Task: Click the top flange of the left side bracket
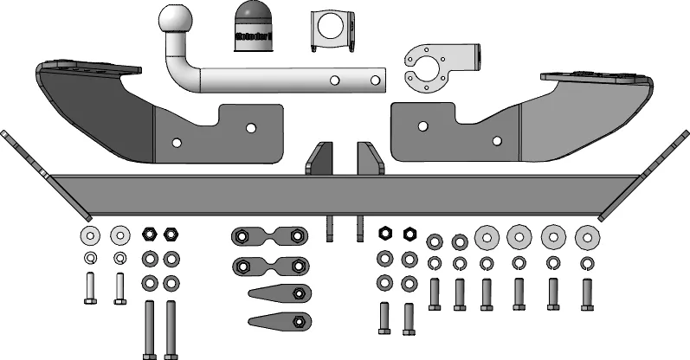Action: pyautogui.click(x=87, y=67)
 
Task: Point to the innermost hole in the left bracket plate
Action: pyautogui.click(x=250, y=128)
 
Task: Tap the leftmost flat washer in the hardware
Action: pyautogui.click(x=89, y=235)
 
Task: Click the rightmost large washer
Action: pyautogui.click(x=587, y=235)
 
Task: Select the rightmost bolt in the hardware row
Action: pyautogui.click(x=587, y=294)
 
